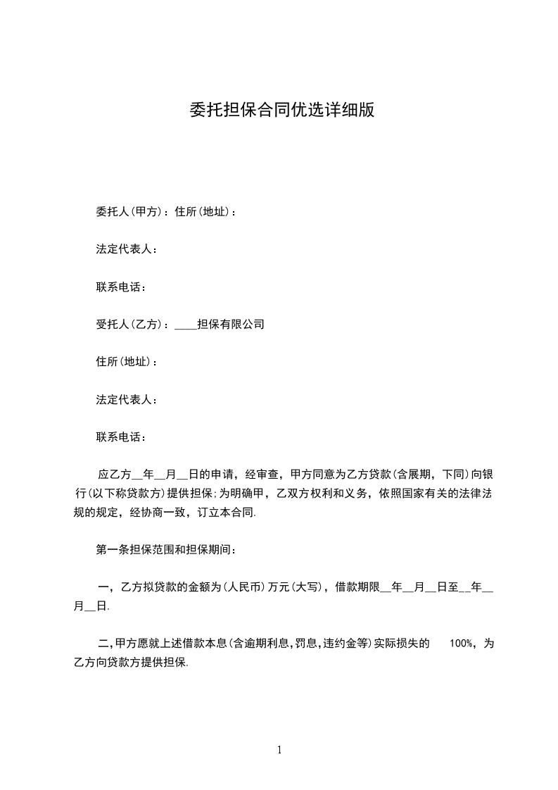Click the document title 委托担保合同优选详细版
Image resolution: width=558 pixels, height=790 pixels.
(x=281, y=110)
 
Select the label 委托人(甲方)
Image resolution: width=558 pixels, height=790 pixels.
(x=129, y=211)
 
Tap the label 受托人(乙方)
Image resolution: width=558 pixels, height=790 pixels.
(x=129, y=325)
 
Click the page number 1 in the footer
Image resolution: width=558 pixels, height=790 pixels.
(x=279, y=750)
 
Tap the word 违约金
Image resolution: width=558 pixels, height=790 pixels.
(x=340, y=643)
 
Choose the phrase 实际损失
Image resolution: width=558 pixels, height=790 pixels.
(x=402, y=643)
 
